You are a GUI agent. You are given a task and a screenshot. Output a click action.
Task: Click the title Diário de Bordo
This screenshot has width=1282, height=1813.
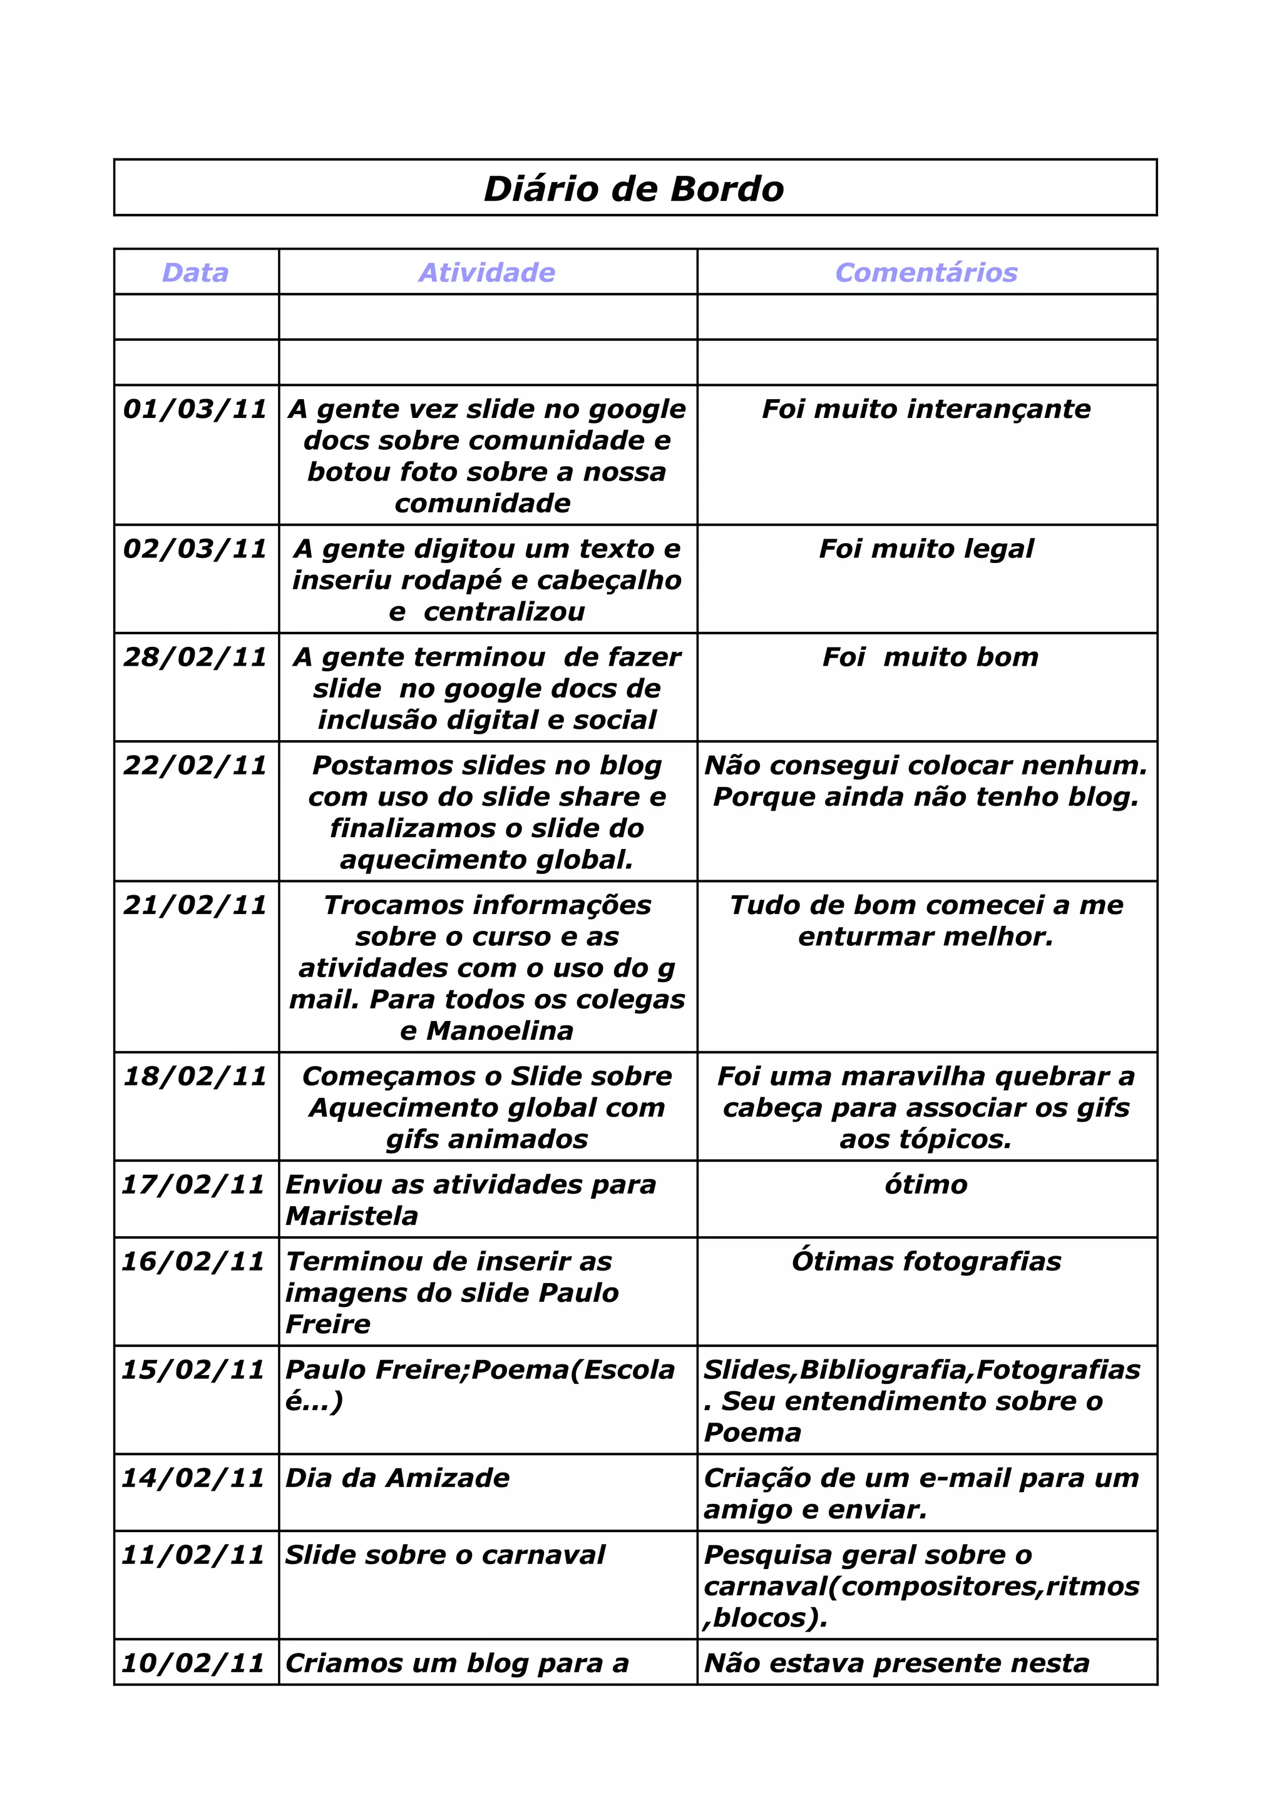[x=633, y=190]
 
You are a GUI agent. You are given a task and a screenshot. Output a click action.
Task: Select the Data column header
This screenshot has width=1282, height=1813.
[x=195, y=272]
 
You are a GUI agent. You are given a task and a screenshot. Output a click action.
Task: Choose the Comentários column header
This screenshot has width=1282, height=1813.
[x=926, y=272]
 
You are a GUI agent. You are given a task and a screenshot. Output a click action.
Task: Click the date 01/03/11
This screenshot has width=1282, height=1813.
[x=195, y=409]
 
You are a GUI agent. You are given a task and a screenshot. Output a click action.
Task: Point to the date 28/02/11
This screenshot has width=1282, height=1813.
[x=195, y=657]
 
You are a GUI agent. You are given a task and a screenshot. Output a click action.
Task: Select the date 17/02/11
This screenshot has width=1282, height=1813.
[x=193, y=1184]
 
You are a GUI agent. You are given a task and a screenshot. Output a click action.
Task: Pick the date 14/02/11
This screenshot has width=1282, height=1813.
[x=193, y=1478]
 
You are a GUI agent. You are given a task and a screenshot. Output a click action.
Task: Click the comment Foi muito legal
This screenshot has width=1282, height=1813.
[x=926, y=549]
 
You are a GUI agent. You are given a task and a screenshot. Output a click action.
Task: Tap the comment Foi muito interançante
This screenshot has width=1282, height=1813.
[x=926, y=409]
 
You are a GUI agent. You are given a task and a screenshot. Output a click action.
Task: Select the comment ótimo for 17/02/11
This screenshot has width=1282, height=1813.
[x=926, y=1184]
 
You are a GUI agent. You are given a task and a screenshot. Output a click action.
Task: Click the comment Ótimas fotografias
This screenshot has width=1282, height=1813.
[x=926, y=1261]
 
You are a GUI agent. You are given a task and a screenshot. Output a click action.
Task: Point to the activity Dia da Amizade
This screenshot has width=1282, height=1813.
[x=397, y=1478]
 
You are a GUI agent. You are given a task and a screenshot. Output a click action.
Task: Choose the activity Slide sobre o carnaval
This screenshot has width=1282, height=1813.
[x=444, y=1555]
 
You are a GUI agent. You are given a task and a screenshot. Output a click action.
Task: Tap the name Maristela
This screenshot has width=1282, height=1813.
[x=352, y=1216]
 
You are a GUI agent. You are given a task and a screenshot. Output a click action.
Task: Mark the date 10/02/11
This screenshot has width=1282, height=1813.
[x=193, y=1663]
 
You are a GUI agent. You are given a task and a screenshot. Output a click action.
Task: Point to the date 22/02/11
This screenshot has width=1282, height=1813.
[x=195, y=765]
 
